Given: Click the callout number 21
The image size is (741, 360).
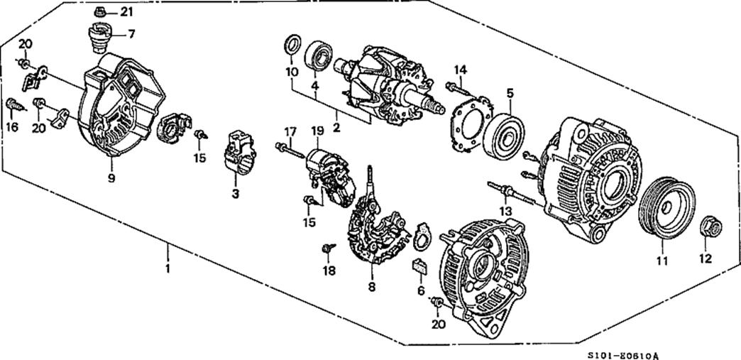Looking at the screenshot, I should coord(126,11).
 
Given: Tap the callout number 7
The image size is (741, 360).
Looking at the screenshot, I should coord(131,33).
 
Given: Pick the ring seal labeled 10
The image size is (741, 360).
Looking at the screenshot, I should coord(292,45).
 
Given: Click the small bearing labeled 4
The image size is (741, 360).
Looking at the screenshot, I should coord(319,57).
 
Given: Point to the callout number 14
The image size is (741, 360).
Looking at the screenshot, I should coord(461,69).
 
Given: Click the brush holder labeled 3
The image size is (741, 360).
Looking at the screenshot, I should coord(239,151).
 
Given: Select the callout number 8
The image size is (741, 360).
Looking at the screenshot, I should coord(370,287).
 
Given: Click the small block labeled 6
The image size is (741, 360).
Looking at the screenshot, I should coord(419,268).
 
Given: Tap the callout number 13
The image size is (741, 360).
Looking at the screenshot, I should coord(505,212).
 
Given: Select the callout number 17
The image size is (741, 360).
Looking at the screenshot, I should coord(289,131).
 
